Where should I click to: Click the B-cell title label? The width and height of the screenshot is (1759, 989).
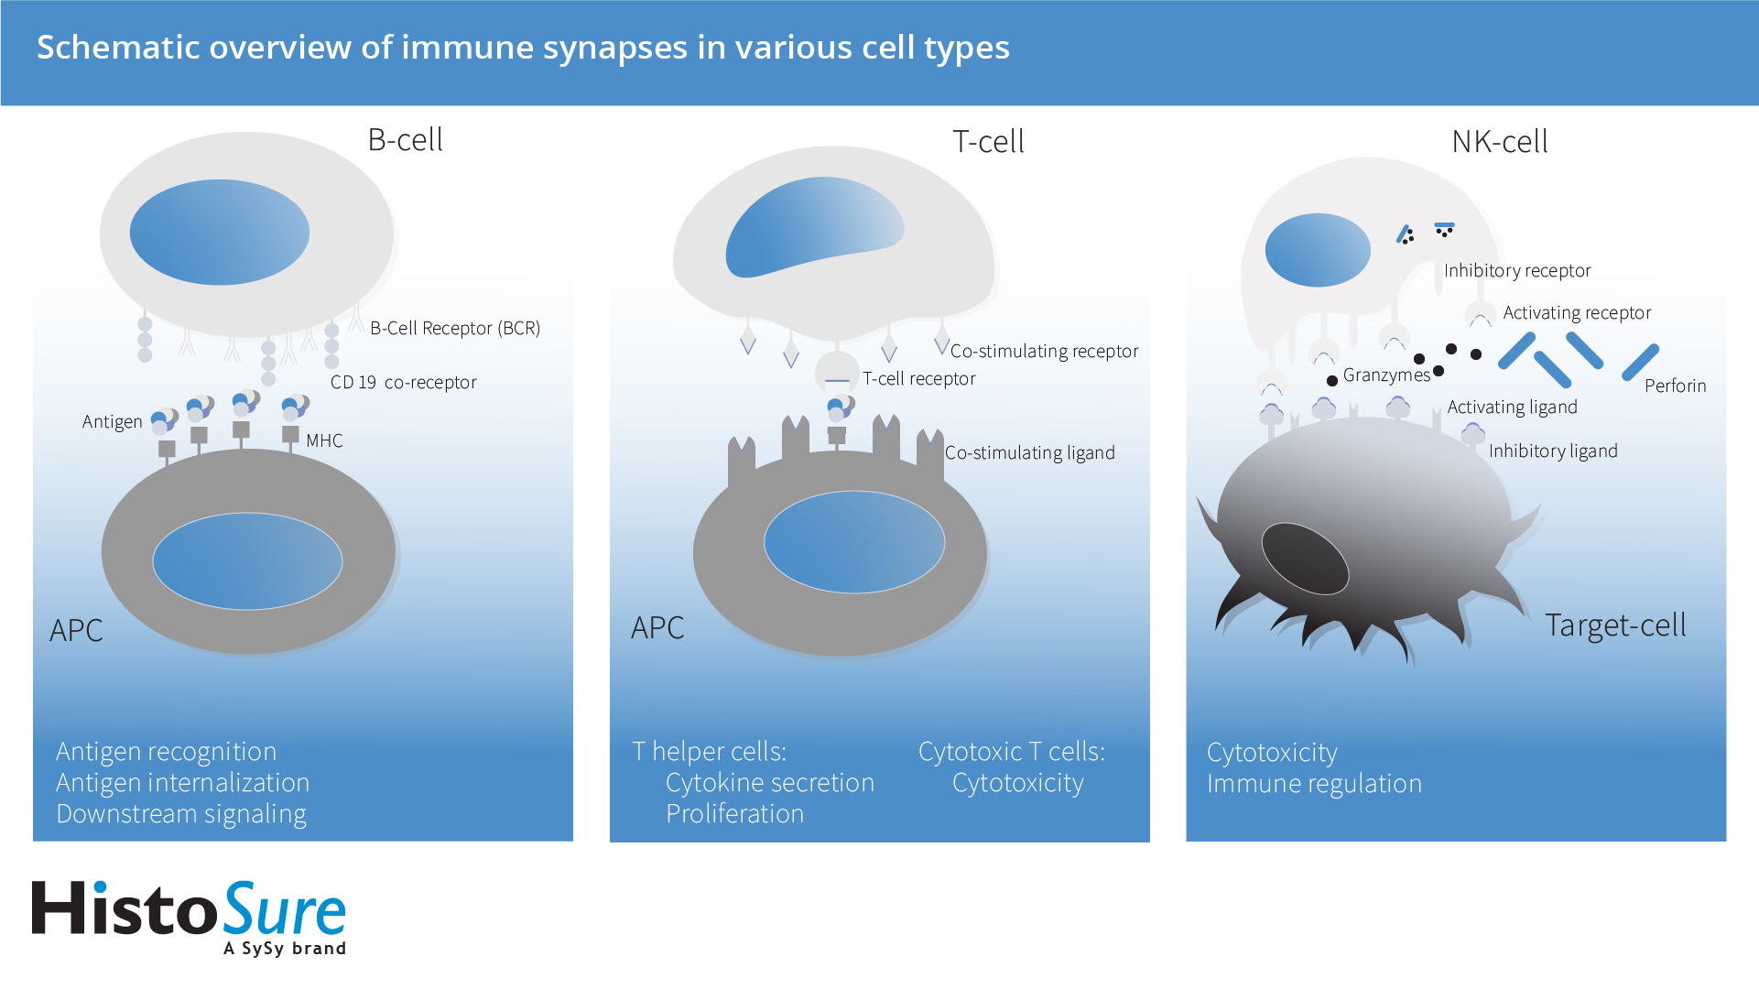405,140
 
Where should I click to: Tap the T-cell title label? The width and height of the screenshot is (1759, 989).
988,142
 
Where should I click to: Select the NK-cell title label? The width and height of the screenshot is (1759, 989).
1500,142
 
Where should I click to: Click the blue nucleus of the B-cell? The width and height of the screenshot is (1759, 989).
220,233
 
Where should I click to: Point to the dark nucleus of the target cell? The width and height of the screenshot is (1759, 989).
1305,559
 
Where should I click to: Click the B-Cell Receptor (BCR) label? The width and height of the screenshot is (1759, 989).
455,328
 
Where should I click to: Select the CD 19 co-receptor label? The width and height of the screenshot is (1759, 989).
403,382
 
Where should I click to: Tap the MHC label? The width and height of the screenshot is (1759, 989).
324,440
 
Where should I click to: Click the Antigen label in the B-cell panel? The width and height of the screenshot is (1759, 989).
112,421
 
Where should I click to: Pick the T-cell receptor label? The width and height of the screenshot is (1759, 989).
918,378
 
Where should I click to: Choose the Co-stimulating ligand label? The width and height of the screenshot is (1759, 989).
1029,452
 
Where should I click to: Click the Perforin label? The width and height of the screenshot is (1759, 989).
1675,386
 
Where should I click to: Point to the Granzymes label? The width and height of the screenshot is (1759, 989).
1385,375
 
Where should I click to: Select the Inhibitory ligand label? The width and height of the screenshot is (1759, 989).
1553,451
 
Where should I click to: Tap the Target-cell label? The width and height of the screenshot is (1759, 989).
1615,625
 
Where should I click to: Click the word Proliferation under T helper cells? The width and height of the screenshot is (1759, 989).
734,813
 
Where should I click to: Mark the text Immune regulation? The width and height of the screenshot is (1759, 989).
1314,783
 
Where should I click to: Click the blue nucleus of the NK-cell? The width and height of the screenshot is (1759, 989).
1318,250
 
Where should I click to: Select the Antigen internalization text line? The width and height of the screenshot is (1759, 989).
182,782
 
